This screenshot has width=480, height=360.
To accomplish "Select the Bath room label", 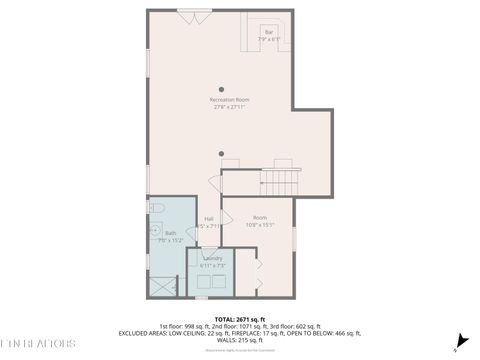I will coord(157,236).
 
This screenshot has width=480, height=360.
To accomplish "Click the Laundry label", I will coord(212,261).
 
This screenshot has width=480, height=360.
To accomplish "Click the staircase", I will coord(279,183).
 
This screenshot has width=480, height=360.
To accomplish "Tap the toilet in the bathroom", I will coord(156,208).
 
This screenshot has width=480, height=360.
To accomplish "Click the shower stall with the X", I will coord(163,284).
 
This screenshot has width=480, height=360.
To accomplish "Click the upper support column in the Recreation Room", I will coord(221,89).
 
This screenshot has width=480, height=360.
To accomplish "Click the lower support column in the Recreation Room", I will coord(221,153).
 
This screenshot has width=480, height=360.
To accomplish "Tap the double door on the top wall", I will coord(193,15).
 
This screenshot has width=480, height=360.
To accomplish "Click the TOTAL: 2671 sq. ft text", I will coord(239,318).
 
